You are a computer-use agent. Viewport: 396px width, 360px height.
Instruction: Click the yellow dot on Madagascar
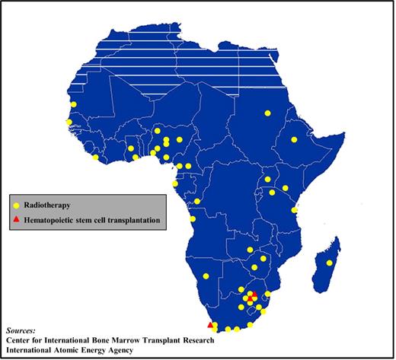(329, 263)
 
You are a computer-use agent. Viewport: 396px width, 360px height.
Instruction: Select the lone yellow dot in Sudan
(267, 113)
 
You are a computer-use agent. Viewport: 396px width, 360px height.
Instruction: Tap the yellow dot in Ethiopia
(294, 139)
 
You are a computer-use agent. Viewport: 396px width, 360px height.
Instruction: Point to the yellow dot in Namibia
(206, 276)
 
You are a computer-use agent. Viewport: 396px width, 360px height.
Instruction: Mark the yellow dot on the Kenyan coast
(294, 209)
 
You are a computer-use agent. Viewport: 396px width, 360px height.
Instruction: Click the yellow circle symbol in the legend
(17, 205)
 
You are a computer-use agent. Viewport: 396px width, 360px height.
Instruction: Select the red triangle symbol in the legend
(17, 221)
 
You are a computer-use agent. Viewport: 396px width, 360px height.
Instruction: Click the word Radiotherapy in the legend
(48, 205)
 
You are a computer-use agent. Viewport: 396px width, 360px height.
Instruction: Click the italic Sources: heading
(21, 330)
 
